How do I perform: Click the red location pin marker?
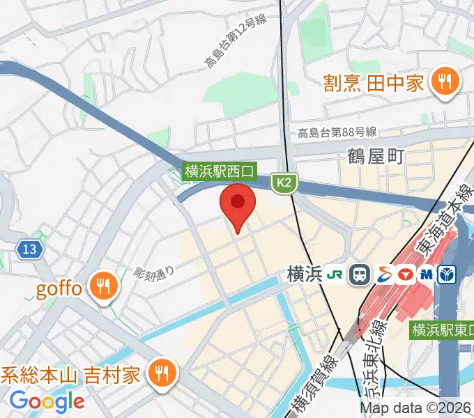[238, 203]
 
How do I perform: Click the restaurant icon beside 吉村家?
[162, 375]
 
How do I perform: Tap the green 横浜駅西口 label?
[220, 170]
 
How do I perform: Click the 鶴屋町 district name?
[376, 157]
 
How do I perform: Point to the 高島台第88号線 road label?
[337, 132]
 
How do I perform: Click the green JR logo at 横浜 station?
[335, 274]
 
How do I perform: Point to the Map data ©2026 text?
[416, 408]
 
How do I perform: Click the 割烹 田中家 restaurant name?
[374, 84]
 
